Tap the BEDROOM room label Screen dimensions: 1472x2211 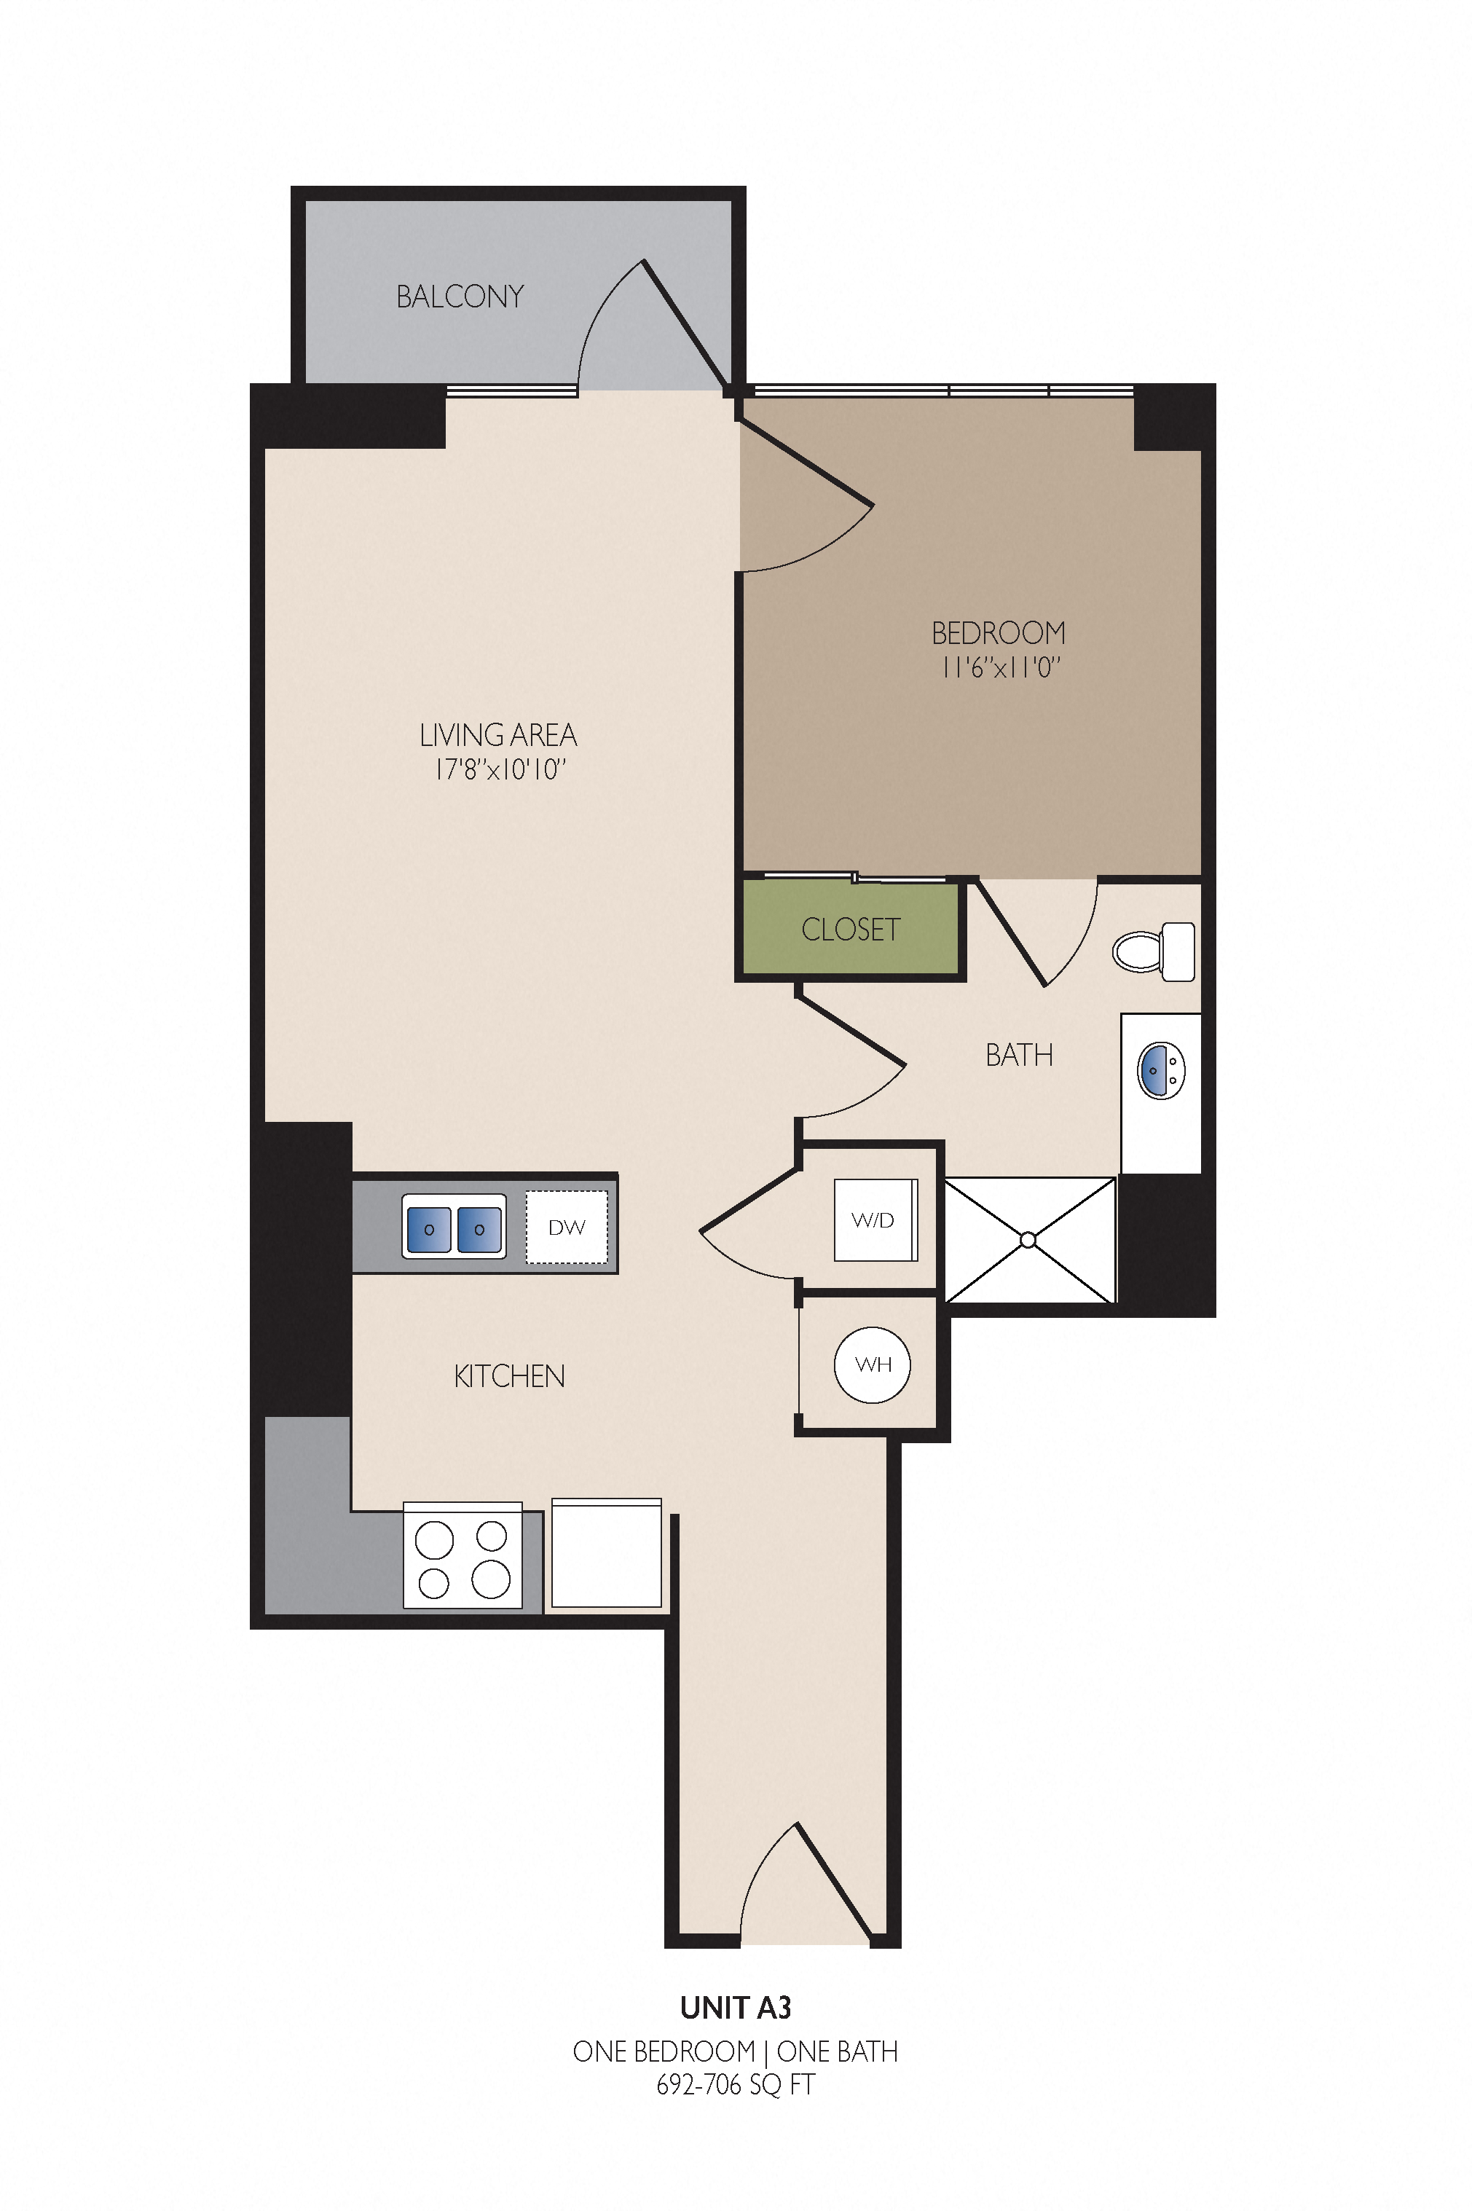tap(998, 633)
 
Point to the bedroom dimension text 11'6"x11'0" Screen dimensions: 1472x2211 tap(1001, 667)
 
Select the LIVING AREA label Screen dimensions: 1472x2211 tap(497, 734)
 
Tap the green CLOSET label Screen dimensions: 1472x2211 tap(851, 930)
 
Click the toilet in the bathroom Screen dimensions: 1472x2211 tap(1154, 951)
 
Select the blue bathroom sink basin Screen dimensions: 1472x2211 tap(1161, 1070)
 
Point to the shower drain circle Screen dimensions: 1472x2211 tap(1028, 1240)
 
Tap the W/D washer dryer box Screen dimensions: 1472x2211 tap(875, 1220)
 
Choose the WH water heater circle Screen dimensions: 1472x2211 tap(872, 1365)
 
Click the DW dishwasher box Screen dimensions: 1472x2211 tap(567, 1227)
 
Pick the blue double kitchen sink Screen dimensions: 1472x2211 tap(454, 1226)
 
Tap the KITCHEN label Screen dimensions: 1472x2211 tap(510, 1376)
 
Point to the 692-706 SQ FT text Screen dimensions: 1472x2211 tap(735, 2084)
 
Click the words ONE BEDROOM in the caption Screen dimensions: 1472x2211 tap(664, 2051)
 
